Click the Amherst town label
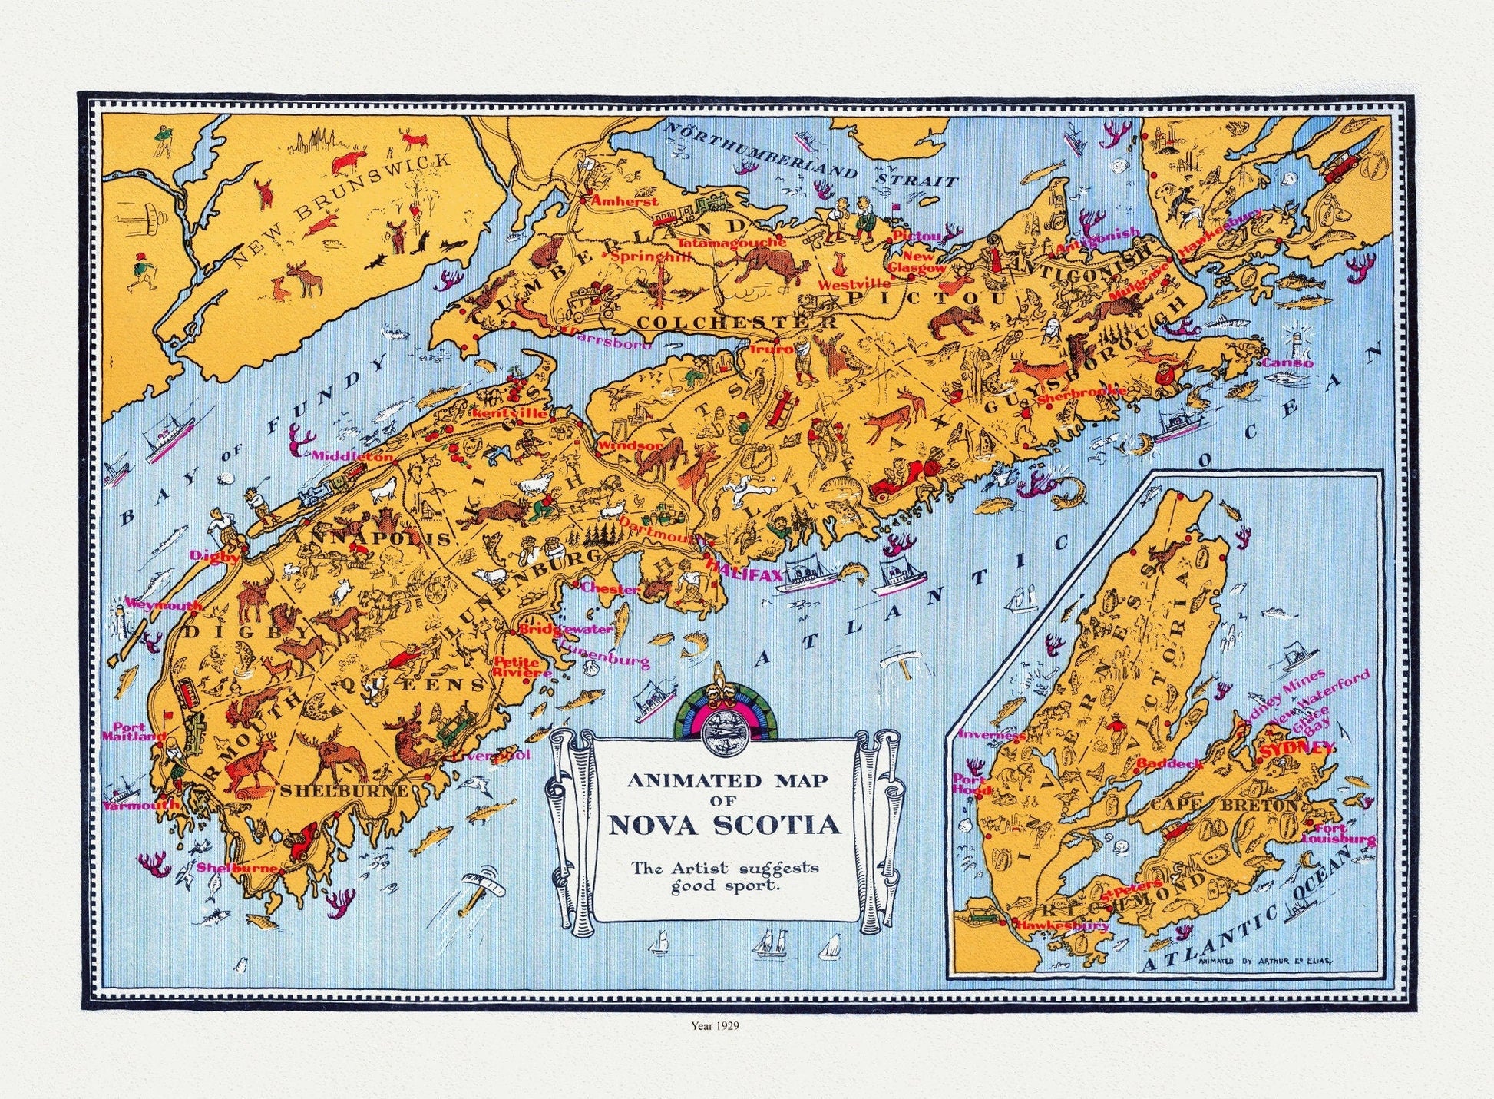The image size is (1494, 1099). click(624, 200)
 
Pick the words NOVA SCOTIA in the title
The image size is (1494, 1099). click(724, 826)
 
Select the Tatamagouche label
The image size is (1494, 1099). click(732, 241)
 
